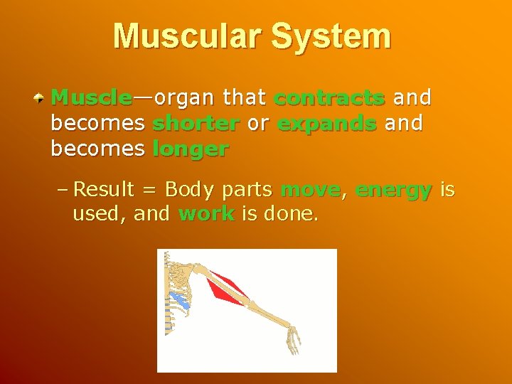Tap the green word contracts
(329, 97)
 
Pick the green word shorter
(196, 123)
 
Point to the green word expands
(327, 123)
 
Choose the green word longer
(191, 149)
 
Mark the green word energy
(393, 190)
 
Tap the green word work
(206, 214)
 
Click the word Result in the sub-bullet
(104, 190)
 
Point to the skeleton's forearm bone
(267, 314)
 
